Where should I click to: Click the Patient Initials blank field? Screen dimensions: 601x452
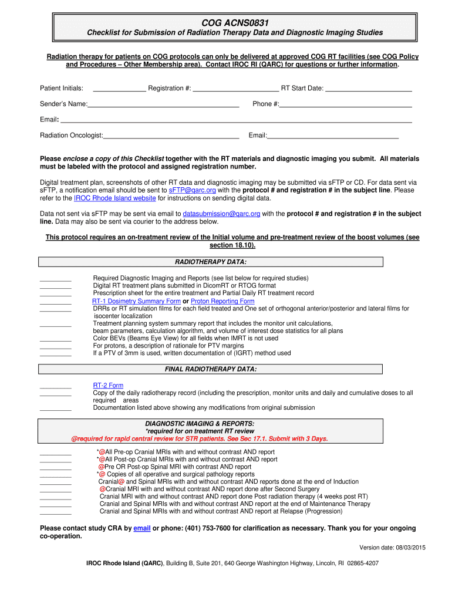pos(119,89)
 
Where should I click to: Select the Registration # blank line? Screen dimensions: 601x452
pos(235,89)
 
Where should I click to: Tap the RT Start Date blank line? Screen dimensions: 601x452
pos(368,89)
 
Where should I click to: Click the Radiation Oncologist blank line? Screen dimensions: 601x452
pos(171,136)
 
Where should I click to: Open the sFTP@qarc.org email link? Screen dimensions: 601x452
pos(192,191)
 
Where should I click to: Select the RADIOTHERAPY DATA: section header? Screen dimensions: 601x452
pos(211,262)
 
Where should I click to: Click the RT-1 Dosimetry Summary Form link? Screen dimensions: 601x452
pos(136,301)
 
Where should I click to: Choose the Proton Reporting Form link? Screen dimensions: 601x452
pos(222,301)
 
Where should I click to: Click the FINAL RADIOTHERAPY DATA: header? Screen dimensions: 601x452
pos(211,369)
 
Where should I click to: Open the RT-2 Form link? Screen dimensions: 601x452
pos(108,386)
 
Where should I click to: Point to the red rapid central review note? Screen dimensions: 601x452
pos(200,439)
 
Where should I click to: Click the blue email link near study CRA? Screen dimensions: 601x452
pos(142,528)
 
